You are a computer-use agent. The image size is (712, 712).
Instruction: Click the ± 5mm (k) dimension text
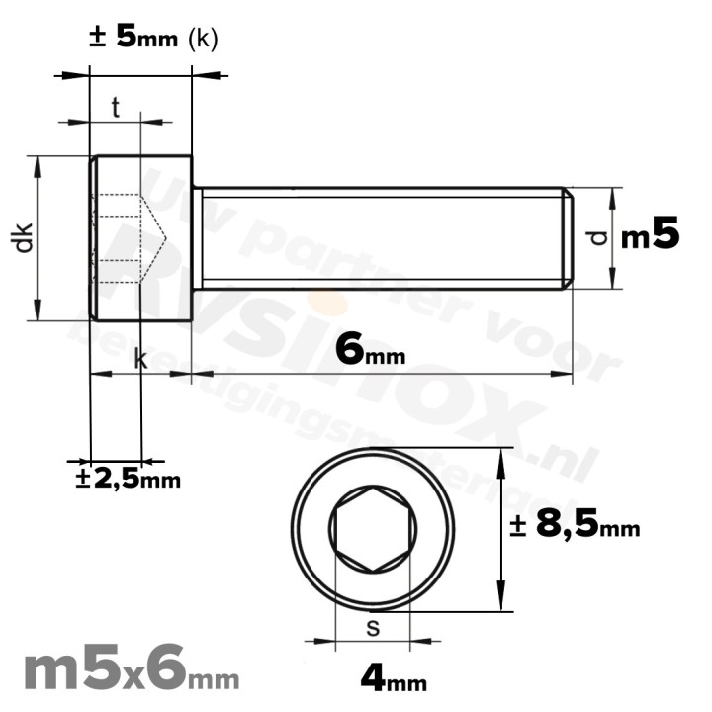(153, 38)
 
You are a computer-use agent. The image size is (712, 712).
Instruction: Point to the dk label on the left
(24, 237)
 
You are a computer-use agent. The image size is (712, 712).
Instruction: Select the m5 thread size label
(651, 236)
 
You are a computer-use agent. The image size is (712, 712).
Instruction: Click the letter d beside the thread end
(593, 237)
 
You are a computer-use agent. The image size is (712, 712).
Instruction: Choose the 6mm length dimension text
(370, 349)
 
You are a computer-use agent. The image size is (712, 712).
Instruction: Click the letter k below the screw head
(140, 361)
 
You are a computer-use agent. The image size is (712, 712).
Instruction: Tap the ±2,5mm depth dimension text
(130, 480)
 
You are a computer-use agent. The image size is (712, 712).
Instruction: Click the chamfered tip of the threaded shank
(568, 237)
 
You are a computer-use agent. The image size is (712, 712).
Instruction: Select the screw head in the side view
(140, 237)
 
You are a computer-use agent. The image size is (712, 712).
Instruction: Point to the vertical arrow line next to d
(613, 237)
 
